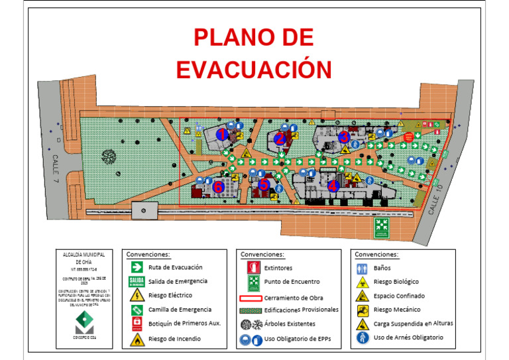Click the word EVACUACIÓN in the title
[x=254, y=69]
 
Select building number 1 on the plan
[x=223, y=134]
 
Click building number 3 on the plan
[x=343, y=137]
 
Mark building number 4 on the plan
[x=333, y=187]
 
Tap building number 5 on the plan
[x=264, y=185]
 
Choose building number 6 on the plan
[x=218, y=186]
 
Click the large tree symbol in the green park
[x=108, y=156]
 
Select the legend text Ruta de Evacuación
[x=175, y=267]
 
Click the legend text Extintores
[x=278, y=268]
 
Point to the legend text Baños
[x=382, y=268]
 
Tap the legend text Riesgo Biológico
[x=396, y=282]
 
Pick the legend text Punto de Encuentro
[x=292, y=282]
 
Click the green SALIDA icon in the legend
[x=136, y=281]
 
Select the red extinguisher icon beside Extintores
[x=252, y=267]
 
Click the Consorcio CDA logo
[x=84, y=324]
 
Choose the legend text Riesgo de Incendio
[x=174, y=339]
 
